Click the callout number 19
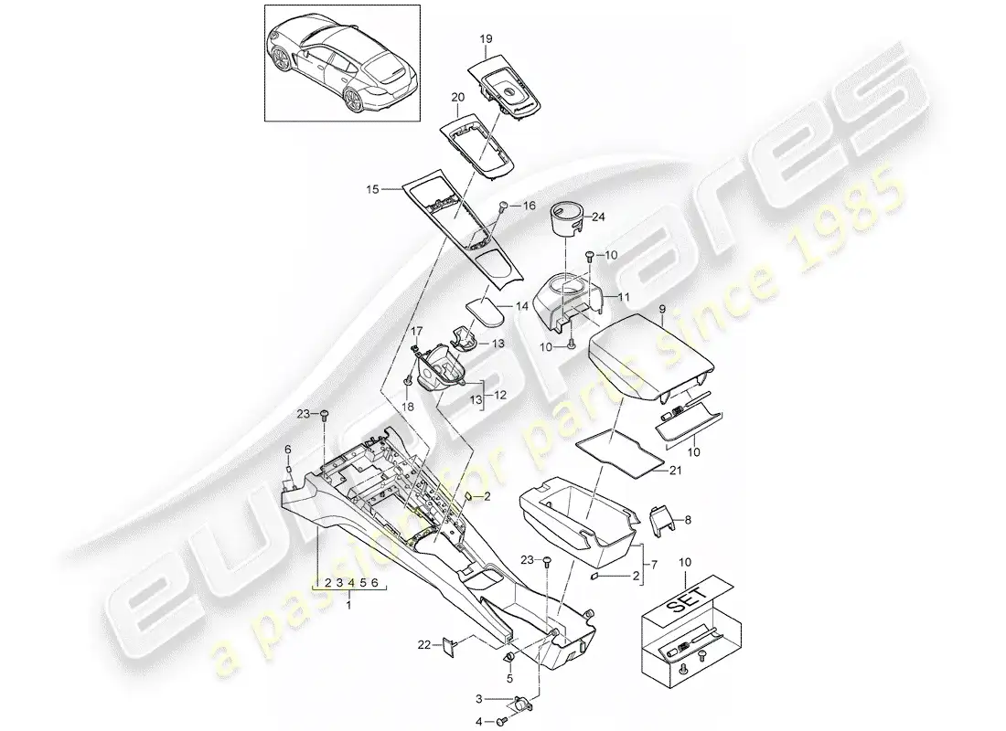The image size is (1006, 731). pos(486,39)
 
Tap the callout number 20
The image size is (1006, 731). pos(457,98)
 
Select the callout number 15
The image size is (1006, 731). pos(373,189)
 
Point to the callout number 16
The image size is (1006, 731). pos(529,206)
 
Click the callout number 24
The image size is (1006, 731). pos(598,217)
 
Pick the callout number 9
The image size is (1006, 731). pos(662,309)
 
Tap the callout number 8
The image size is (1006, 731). pos(688,520)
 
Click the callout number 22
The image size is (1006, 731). pos(424,645)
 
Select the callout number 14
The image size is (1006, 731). pos(522,306)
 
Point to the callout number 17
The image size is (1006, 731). pos(417,331)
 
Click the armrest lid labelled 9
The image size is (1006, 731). pos(651,356)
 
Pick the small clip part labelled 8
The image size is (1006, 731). pos(658,517)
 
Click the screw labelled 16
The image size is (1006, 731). pos(504,206)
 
